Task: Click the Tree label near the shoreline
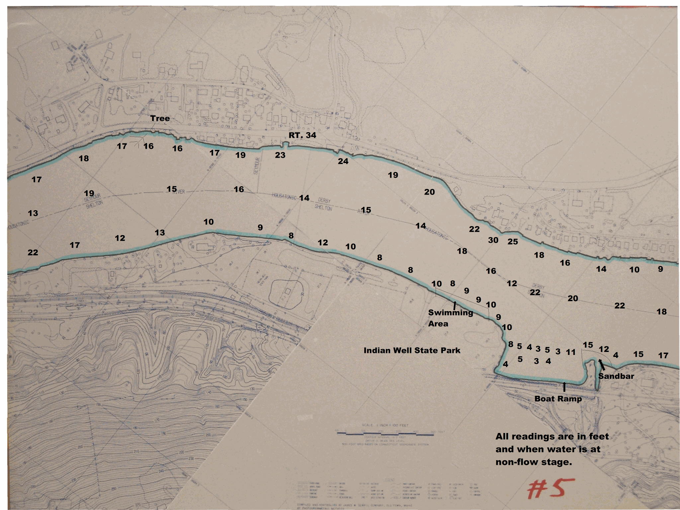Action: (x=160, y=119)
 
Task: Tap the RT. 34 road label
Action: (x=302, y=135)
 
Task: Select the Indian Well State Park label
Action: (x=412, y=350)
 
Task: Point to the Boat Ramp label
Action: (x=558, y=399)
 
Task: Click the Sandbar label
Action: (x=616, y=376)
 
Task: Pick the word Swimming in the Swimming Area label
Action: (x=450, y=312)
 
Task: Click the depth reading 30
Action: (x=493, y=240)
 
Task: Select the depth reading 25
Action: (x=513, y=241)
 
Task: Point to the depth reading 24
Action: (x=343, y=161)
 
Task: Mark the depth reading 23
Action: (x=280, y=155)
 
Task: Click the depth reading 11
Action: (x=570, y=352)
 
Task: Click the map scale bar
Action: (x=390, y=434)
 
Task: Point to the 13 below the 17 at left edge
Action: (x=33, y=213)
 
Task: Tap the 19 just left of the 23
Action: (x=240, y=155)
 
